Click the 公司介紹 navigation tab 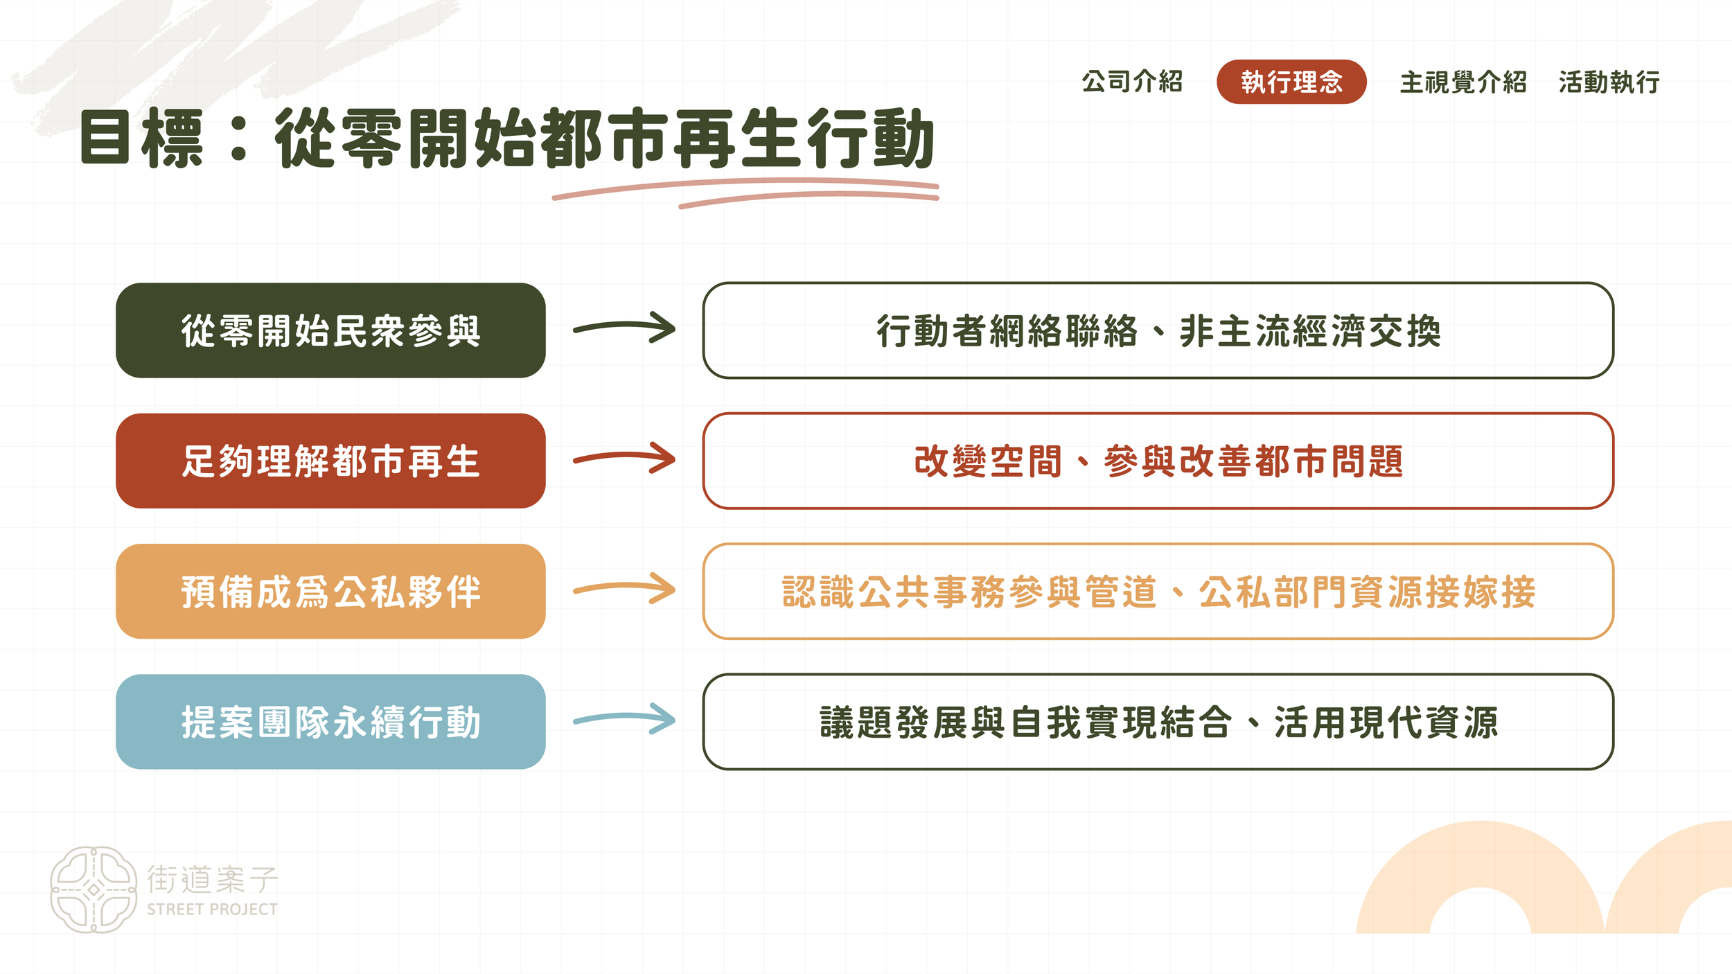click(x=1132, y=82)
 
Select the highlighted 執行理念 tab click(x=1291, y=82)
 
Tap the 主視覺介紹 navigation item click(x=1463, y=82)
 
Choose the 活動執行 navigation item click(x=1609, y=82)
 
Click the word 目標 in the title click(x=141, y=138)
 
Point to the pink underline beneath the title click(x=745, y=192)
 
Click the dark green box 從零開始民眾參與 click(x=330, y=330)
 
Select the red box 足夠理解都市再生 click(x=330, y=461)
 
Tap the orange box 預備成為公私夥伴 click(x=330, y=591)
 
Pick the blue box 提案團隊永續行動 click(x=330, y=722)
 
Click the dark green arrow click(x=624, y=328)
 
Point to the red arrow click(x=624, y=458)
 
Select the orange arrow click(x=624, y=589)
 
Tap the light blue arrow click(x=624, y=719)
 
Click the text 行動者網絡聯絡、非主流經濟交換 click(x=1158, y=330)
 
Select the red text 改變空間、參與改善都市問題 click(x=1158, y=461)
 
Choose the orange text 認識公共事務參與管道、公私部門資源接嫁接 click(x=1158, y=592)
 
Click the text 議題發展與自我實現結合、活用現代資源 click(x=1158, y=722)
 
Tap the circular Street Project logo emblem click(x=94, y=889)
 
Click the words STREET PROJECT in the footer click(x=212, y=909)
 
